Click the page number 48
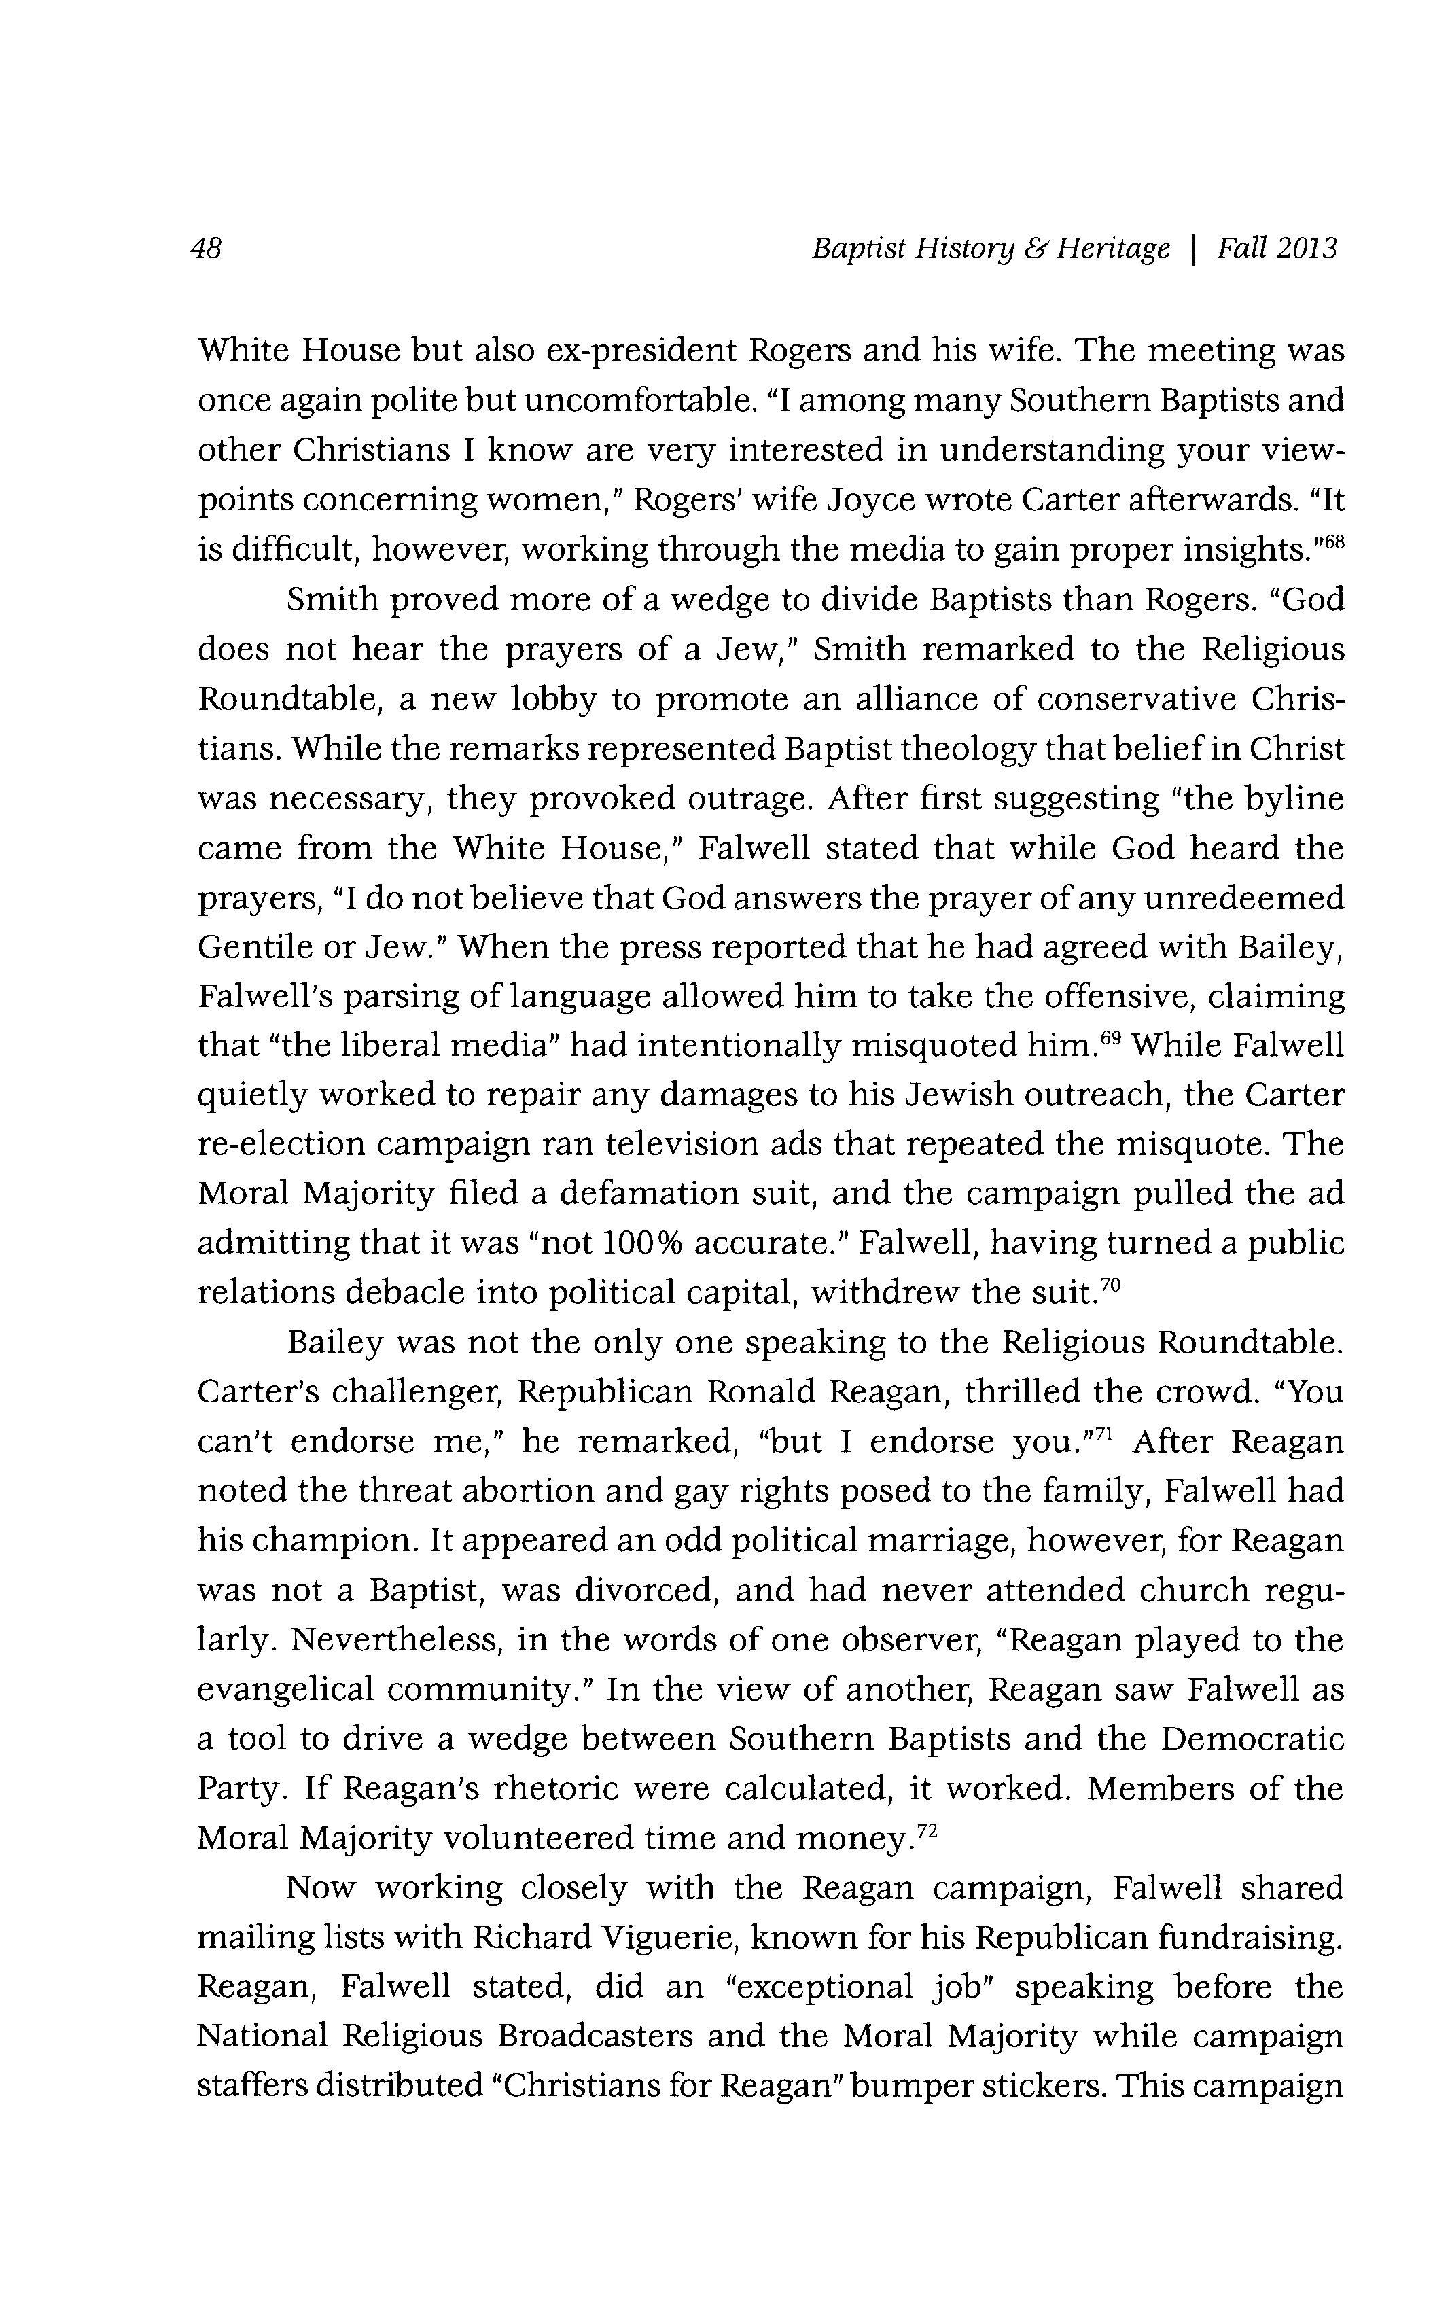click(207, 250)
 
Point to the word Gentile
click(252, 946)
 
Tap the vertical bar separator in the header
click(1193, 250)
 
